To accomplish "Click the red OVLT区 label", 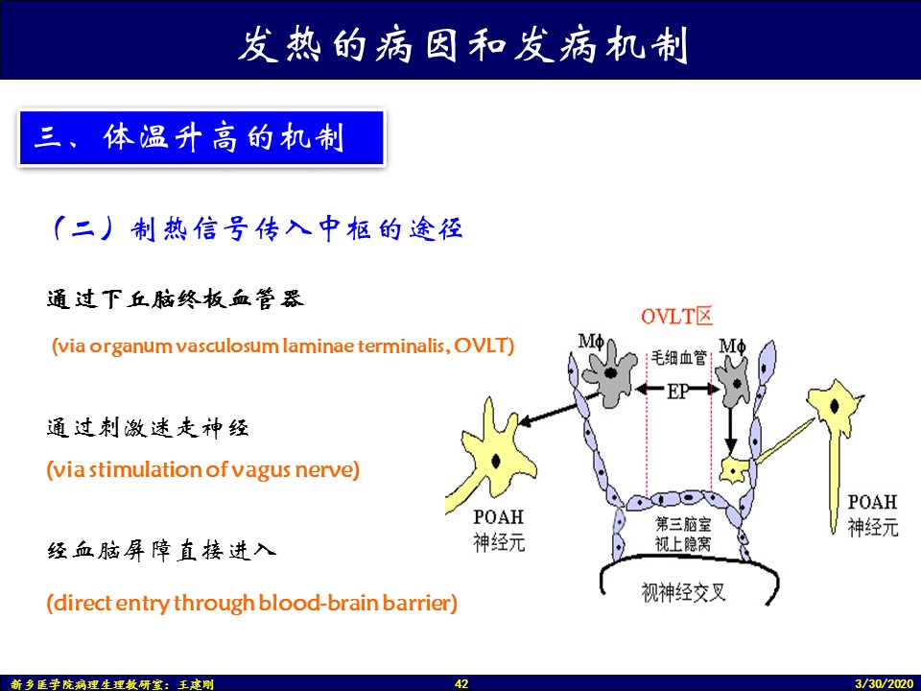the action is pyautogui.click(x=676, y=317).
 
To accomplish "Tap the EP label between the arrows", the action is pyautogui.click(x=678, y=391).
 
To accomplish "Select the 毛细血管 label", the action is pyautogui.click(x=679, y=357).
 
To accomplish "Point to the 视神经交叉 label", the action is pyautogui.click(x=684, y=592).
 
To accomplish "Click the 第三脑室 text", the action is pyautogui.click(x=683, y=523).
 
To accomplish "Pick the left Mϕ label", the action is pyautogui.click(x=591, y=341).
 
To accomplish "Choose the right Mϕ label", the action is pyautogui.click(x=732, y=345).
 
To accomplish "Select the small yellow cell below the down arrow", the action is pyautogui.click(x=734, y=469).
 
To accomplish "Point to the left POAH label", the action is pyautogui.click(x=498, y=517).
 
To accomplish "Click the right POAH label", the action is pyautogui.click(x=872, y=502).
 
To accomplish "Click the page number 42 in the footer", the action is pyautogui.click(x=461, y=683).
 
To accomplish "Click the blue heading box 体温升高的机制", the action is pyautogui.click(x=201, y=137).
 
